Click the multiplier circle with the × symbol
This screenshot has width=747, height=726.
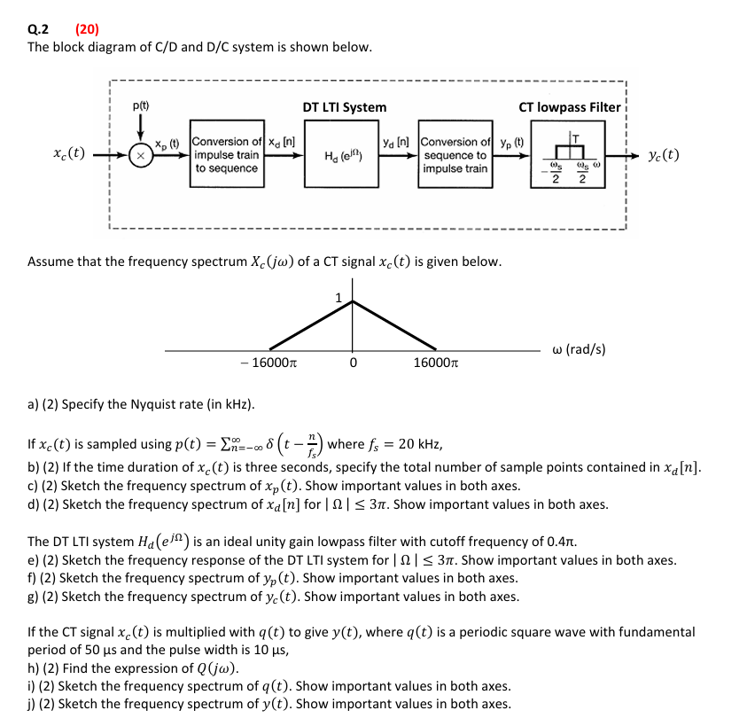(x=140, y=154)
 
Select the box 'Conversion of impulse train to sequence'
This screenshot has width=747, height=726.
(x=227, y=155)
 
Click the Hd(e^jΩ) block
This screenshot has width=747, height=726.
(x=344, y=155)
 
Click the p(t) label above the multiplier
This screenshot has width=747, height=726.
(x=140, y=105)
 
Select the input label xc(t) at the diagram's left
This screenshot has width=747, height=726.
(x=69, y=152)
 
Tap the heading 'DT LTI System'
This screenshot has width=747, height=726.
(x=344, y=107)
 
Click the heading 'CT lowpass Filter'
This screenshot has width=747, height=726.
(x=570, y=107)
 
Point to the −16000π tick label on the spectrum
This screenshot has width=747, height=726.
(x=268, y=363)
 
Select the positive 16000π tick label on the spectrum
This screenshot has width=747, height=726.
(x=435, y=363)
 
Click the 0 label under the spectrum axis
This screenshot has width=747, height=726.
(x=353, y=363)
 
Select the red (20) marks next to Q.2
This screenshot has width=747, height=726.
(x=87, y=28)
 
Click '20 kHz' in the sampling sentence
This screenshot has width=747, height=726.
(x=416, y=445)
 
